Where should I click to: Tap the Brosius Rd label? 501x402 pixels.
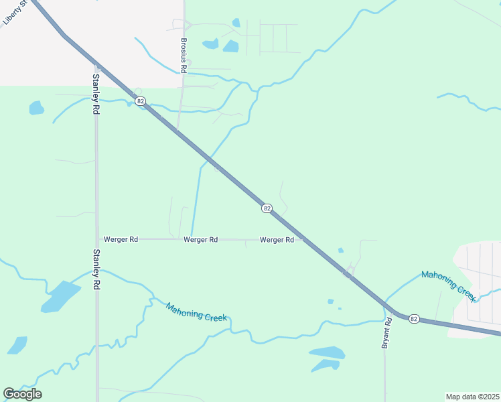[184, 54]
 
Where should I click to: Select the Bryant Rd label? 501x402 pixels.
[386, 333]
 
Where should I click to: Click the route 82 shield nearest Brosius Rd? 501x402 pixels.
[139, 101]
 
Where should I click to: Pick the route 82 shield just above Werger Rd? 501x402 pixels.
[267, 209]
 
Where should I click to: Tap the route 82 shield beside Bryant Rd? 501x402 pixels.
[414, 319]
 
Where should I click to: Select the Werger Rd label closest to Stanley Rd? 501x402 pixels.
[121, 239]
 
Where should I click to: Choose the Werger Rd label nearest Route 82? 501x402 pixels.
[277, 240]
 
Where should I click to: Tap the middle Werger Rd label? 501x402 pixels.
[200, 239]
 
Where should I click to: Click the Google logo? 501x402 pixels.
[22, 393]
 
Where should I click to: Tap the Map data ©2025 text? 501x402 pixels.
[472, 397]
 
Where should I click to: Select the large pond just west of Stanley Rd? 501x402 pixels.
[61, 297]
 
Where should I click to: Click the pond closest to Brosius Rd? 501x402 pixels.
[210, 45]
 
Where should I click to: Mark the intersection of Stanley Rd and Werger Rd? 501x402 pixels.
[96, 239]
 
